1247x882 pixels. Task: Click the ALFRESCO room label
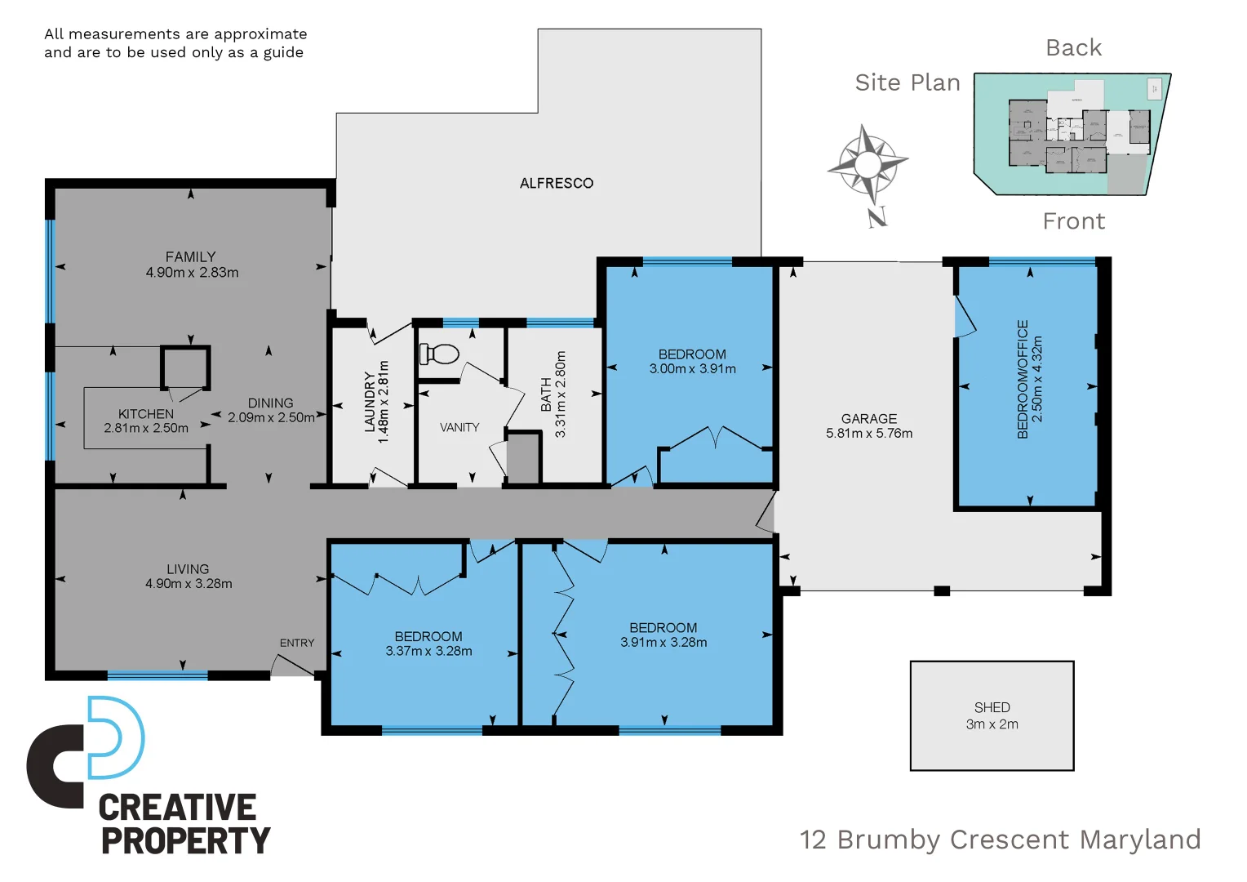pyautogui.click(x=557, y=184)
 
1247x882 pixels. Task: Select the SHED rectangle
pyautogui.click(x=992, y=715)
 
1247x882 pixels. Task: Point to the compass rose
pyautogui.click(x=868, y=165)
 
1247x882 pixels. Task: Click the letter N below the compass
pyautogui.click(x=877, y=217)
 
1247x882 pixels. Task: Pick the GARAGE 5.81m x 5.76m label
pyautogui.click(x=869, y=425)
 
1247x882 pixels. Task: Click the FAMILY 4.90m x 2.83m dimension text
pyautogui.click(x=192, y=265)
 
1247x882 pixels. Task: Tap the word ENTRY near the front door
pyautogui.click(x=297, y=643)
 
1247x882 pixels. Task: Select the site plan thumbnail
pyautogui.click(x=1072, y=135)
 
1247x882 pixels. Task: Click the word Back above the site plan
pyautogui.click(x=1073, y=48)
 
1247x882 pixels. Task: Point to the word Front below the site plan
pyautogui.click(x=1073, y=221)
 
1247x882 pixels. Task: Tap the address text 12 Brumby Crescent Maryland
pyautogui.click(x=1000, y=840)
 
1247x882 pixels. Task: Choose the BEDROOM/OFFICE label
pyautogui.click(x=1029, y=379)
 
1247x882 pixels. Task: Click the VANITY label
pyautogui.click(x=459, y=427)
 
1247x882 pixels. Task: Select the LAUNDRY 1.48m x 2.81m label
pyautogui.click(x=376, y=402)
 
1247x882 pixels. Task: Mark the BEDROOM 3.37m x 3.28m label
pyautogui.click(x=428, y=644)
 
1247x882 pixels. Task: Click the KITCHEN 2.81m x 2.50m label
pyautogui.click(x=146, y=421)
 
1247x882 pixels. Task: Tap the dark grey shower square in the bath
pyautogui.click(x=523, y=458)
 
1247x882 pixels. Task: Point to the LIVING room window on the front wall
pyautogui.click(x=158, y=675)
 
